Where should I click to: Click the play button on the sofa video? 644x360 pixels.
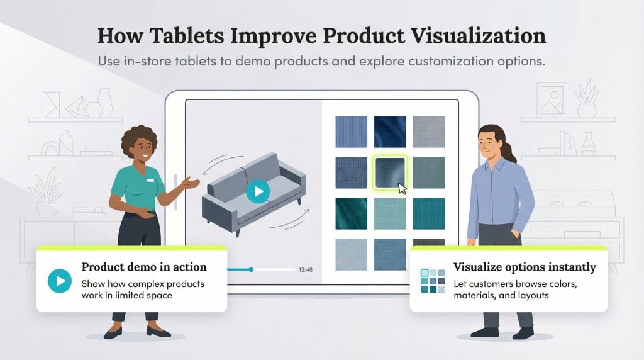(258, 191)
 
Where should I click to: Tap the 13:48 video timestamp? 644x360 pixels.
(306, 270)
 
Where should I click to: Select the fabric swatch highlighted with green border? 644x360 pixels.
(389, 172)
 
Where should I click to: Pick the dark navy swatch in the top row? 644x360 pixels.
(389, 131)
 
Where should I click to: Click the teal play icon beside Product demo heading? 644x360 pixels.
(60, 281)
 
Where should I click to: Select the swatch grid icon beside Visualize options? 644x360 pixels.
(433, 281)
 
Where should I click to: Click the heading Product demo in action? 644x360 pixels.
(144, 267)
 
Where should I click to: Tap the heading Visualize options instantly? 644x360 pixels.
(525, 267)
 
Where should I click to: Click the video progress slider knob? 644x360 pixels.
(251, 269)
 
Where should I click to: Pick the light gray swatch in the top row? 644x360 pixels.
(428, 131)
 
